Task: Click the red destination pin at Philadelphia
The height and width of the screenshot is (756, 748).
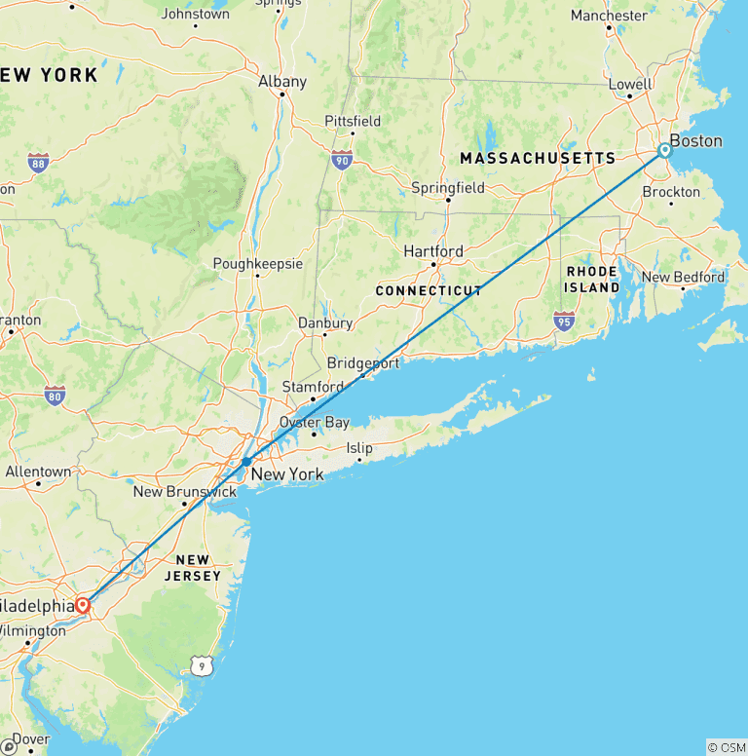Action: pos(83,605)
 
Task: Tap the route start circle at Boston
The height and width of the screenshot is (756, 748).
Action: pos(664,150)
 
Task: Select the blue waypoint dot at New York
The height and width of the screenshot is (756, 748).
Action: pos(247,461)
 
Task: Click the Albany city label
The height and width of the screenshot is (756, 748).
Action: pos(282,82)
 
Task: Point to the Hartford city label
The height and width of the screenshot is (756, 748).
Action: pos(433,251)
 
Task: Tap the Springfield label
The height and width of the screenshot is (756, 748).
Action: pos(448,187)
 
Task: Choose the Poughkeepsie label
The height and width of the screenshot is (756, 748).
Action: pos(258,264)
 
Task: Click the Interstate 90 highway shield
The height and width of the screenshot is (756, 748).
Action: pos(341,160)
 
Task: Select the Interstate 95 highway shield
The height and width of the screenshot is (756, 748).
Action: pos(563,320)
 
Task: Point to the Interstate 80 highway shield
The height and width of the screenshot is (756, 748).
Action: pos(55,396)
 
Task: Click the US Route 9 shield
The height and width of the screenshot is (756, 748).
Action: pos(200,665)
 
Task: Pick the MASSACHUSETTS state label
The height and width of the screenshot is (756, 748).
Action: pos(538,158)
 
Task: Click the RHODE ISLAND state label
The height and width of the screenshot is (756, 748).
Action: pos(591,280)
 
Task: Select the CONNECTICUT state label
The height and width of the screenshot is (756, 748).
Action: pos(429,290)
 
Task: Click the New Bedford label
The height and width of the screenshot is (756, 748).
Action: pos(683,277)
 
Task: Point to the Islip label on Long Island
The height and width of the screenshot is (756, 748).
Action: pos(359,448)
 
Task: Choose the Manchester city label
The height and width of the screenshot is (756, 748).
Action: pos(609,16)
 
